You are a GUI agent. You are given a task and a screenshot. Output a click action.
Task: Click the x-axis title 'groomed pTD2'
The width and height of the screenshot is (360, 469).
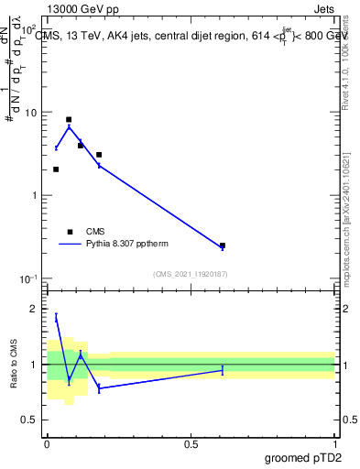(304, 456)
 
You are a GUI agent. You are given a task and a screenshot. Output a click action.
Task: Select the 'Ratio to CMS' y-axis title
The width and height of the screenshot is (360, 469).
(15, 366)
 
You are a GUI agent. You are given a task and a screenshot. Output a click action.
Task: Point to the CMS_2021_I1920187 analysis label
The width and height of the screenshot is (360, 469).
(191, 274)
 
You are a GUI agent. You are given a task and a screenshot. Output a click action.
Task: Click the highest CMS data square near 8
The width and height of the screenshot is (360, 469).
(69, 119)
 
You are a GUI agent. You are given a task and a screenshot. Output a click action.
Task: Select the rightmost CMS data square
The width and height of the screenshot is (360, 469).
(223, 245)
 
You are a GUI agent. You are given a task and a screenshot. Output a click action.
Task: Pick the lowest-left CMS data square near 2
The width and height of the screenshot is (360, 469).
(56, 169)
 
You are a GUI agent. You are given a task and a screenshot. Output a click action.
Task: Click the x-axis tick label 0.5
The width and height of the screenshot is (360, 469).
(191, 443)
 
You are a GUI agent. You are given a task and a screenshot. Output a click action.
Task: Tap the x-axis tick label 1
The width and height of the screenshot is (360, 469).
(335, 443)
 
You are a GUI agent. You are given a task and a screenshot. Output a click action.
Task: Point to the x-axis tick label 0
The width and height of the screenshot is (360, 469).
(47, 443)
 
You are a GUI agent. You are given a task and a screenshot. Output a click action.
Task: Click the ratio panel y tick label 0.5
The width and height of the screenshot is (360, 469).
(32, 420)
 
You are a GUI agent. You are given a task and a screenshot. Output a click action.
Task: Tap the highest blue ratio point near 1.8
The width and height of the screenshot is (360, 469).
(56, 317)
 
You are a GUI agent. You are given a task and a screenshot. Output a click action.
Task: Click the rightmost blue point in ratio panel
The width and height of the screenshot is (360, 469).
(223, 369)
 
